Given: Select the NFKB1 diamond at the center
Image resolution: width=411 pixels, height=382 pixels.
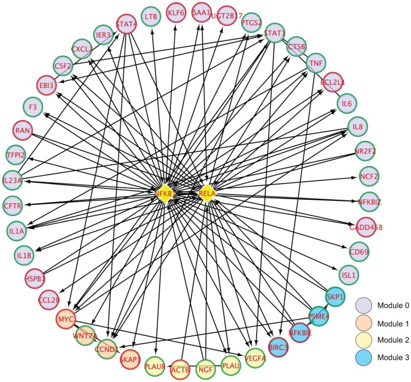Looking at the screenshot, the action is click(x=165, y=193).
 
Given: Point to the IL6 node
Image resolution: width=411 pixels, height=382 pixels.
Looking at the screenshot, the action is click(x=347, y=104).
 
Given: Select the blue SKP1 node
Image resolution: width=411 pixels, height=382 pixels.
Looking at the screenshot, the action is click(x=334, y=296).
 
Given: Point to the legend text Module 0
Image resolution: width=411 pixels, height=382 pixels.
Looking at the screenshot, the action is click(x=392, y=303).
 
